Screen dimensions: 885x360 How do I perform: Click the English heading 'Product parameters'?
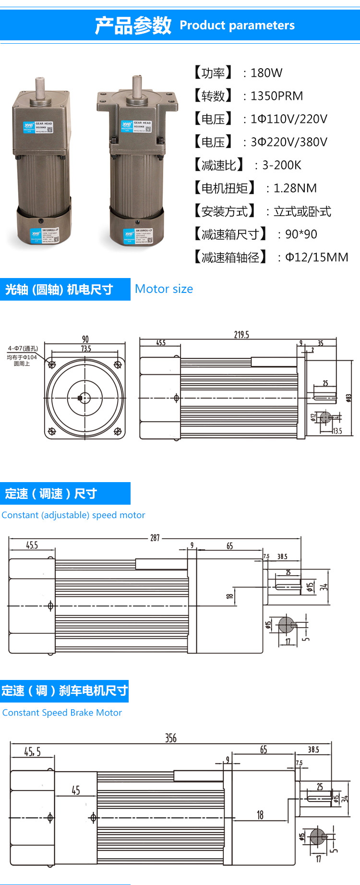point(237,25)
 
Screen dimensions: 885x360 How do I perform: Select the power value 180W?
point(266,73)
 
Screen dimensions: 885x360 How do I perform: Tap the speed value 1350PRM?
point(276,96)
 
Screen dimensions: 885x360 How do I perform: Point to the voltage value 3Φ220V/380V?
point(288,142)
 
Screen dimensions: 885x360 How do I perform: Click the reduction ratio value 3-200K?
point(281,165)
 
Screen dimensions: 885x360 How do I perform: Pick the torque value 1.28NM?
point(295,188)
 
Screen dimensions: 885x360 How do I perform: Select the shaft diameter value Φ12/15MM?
point(316,257)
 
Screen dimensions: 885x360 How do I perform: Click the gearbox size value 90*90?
point(301,234)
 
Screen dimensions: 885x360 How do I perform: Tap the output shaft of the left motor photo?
point(40,88)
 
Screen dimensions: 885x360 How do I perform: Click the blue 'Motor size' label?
point(164,289)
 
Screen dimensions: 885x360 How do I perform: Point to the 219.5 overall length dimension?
point(241,335)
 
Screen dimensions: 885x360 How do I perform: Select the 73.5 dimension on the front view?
point(86,349)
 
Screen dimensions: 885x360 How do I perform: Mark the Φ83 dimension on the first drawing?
point(349,398)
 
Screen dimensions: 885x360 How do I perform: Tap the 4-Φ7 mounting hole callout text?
point(23,349)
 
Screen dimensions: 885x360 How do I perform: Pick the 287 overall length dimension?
point(155,538)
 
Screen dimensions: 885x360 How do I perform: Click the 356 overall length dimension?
point(171,738)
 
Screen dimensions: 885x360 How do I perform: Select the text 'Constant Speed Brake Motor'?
point(62,713)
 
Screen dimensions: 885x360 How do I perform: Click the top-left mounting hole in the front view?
point(52,364)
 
